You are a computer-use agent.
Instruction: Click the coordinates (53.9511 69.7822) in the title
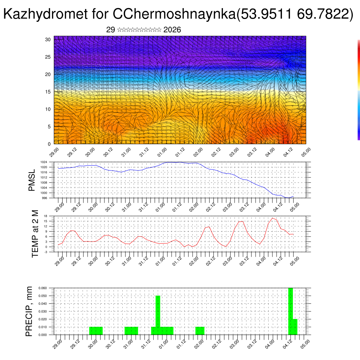click(295, 14)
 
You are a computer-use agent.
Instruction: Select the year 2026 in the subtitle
click(172, 30)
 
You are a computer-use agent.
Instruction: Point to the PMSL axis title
click(32, 180)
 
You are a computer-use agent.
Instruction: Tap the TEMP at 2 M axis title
click(35, 234)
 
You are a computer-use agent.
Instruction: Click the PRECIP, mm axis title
click(29, 311)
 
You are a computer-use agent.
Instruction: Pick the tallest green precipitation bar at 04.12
click(290, 311)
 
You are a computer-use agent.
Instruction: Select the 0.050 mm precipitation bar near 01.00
click(158, 315)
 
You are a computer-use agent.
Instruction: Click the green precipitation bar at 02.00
click(200, 331)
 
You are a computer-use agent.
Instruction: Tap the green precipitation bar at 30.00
click(96, 331)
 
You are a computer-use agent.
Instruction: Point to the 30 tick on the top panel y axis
click(48, 39)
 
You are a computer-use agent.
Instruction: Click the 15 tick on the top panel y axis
click(48, 92)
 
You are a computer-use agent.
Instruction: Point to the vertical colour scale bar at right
click(359, 90)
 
